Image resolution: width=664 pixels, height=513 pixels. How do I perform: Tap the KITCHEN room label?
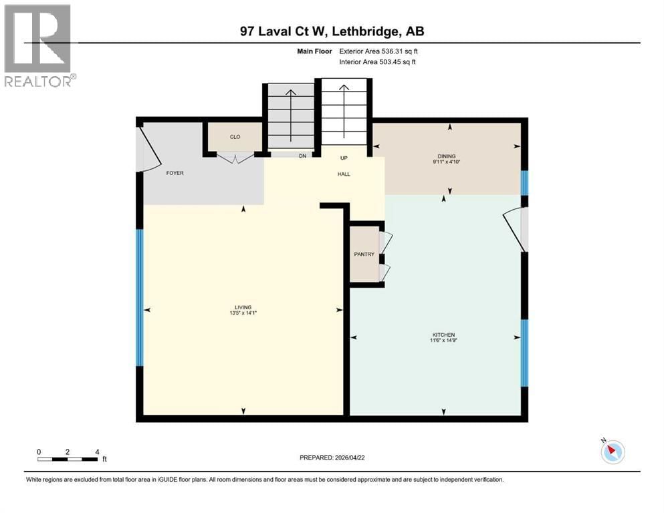point(443,335)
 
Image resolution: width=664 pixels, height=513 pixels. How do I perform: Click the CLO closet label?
point(235,137)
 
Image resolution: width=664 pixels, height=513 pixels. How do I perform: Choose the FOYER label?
point(175,173)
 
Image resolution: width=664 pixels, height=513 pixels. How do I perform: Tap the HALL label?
point(344,174)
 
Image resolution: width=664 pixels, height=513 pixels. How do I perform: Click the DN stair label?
point(302,157)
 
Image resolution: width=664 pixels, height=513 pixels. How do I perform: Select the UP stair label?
point(344,158)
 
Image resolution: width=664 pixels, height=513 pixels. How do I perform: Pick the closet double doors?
point(235,158)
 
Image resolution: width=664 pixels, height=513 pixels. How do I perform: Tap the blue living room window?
point(140,298)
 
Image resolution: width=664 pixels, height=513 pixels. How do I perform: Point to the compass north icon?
point(612,452)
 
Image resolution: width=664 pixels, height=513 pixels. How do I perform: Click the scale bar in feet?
point(69,458)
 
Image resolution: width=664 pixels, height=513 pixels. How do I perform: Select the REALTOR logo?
point(39,45)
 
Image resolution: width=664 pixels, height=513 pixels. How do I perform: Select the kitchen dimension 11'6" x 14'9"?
point(443,341)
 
